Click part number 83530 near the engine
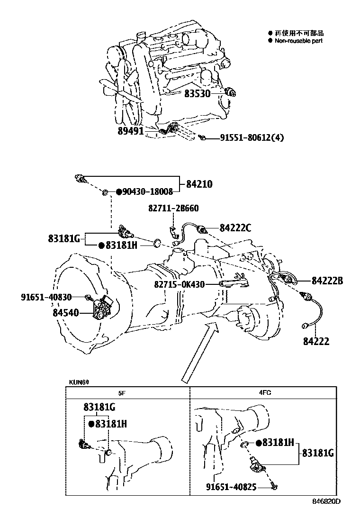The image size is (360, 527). click(197, 94)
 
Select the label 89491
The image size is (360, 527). click(131, 131)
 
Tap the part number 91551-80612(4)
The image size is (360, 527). click(252, 138)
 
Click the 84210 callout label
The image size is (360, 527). click(199, 183)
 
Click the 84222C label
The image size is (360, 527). click(235, 228)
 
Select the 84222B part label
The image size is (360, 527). click(326, 281)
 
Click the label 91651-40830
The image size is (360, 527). click(46, 297)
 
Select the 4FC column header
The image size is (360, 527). click(265, 392)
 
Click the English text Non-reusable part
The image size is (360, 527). click(298, 41)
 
